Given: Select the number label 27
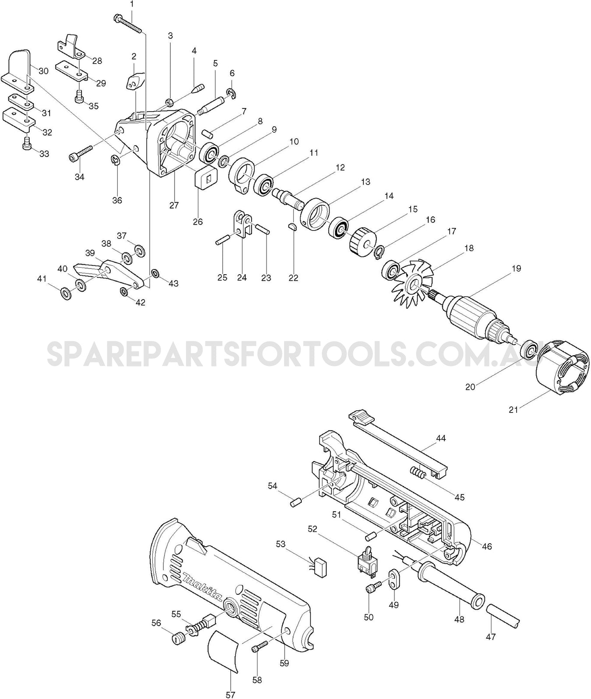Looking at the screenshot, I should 174,205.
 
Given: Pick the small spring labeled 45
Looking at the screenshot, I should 418,473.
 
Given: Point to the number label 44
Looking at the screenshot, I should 440,437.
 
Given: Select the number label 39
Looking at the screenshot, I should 90,253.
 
